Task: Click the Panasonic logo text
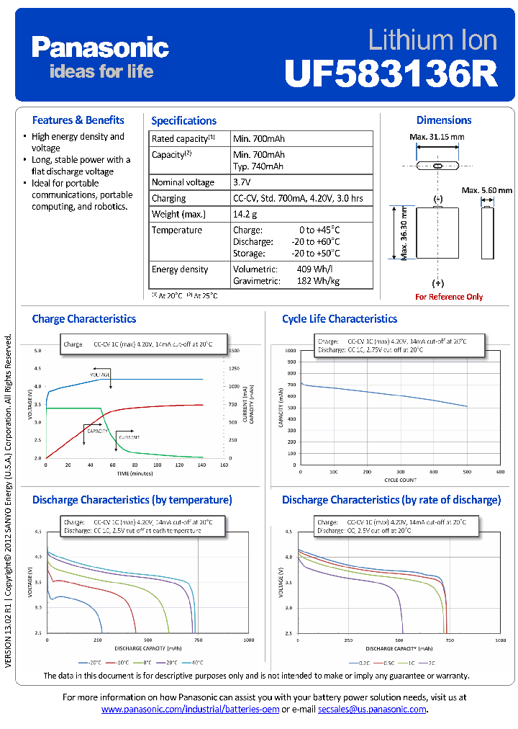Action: click(x=100, y=48)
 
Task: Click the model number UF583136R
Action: click(x=391, y=73)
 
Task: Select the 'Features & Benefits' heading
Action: click(x=78, y=120)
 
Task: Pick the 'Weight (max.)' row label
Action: click(x=178, y=214)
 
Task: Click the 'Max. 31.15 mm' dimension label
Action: click(x=437, y=138)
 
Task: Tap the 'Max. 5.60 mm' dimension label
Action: click(x=487, y=190)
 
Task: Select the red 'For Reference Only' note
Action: click(x=449, y=297)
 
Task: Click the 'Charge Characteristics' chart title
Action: click(x=83, y=318)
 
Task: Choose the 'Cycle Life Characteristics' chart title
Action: click(x=339, y=318)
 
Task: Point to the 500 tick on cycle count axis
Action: click(x=467, y=472)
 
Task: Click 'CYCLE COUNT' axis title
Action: click(x=400, y=480)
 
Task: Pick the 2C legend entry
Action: click(x=430, y=662)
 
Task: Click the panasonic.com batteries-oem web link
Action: click(x=190, y=710)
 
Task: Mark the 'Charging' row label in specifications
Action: click(x=168, y=198)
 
